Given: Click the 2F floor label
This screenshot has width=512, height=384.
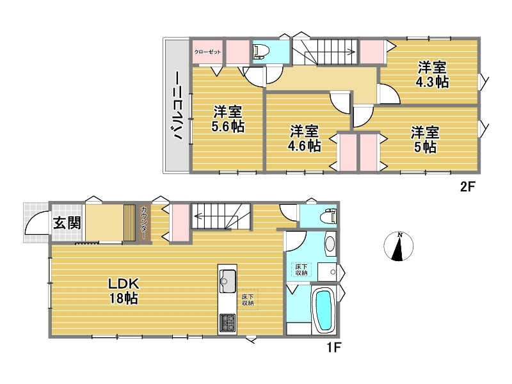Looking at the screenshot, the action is click(467, 187).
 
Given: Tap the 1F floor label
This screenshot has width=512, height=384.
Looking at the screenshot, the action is click(333, 347).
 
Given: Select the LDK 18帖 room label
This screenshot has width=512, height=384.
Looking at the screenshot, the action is click(124, 291).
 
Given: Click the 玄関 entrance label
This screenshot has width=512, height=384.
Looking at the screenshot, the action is click(67, 223).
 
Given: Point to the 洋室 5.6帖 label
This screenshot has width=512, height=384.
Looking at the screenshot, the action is click(228, 119).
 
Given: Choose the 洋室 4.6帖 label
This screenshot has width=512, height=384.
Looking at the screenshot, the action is click(304, 138).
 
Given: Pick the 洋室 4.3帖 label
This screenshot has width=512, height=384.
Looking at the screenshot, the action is click(431, 74).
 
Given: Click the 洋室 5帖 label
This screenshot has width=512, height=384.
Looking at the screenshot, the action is click(425, 140).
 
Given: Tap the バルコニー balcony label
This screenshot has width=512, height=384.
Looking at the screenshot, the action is click(177, 106).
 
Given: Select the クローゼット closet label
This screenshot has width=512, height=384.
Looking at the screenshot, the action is click(207, 52).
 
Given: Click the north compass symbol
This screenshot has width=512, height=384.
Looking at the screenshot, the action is click(398, 246).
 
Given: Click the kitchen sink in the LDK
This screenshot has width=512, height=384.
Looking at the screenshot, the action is click(228, 281).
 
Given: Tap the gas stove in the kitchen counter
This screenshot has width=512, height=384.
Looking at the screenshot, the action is click(227, 323).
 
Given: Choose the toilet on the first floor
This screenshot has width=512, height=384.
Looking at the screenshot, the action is click(328, 217).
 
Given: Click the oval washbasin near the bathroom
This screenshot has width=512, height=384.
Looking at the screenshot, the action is click(330, 243).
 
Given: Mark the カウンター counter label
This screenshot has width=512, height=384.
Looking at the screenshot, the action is click(143, 222).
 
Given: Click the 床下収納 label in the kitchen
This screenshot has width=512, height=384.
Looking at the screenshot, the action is click(248, 300).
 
